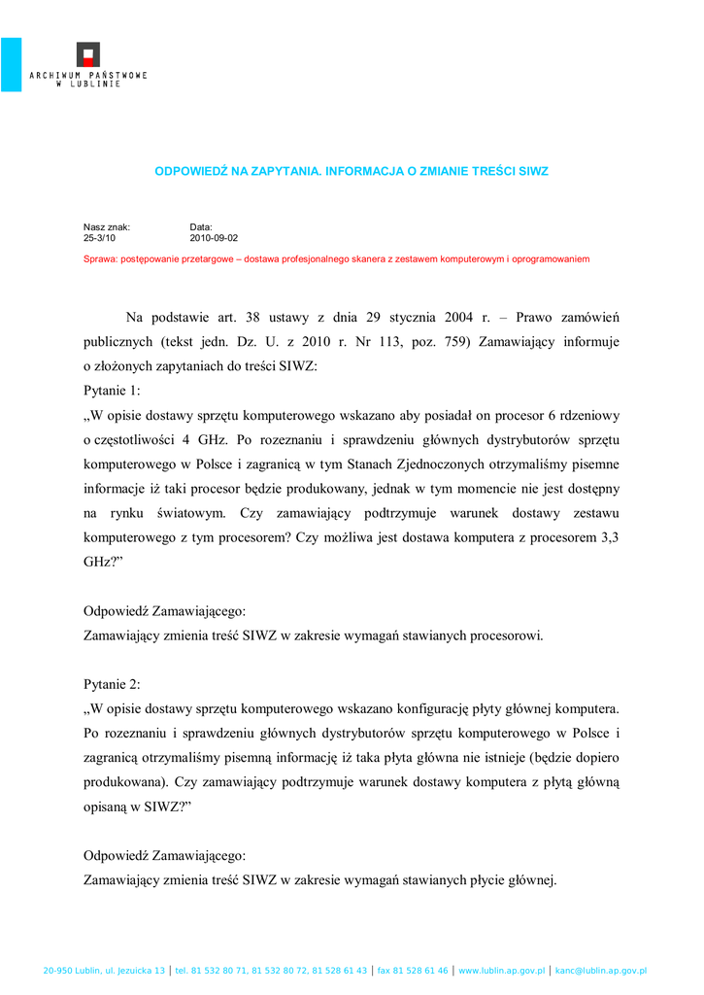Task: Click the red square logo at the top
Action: [88, 54]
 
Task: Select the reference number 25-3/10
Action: [99, 237]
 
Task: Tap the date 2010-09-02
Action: [214, 237]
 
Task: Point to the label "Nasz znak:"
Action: [107, 226]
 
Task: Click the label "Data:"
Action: [201, 226]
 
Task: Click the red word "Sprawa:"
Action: [100, 259]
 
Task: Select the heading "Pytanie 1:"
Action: [113, 391]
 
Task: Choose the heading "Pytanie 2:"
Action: [113, 684]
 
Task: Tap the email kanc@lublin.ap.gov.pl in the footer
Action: [601, 971]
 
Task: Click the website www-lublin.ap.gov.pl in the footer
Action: [501, 971]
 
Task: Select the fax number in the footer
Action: [413, 971]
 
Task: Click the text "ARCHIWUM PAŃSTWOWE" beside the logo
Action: [88, 75]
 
